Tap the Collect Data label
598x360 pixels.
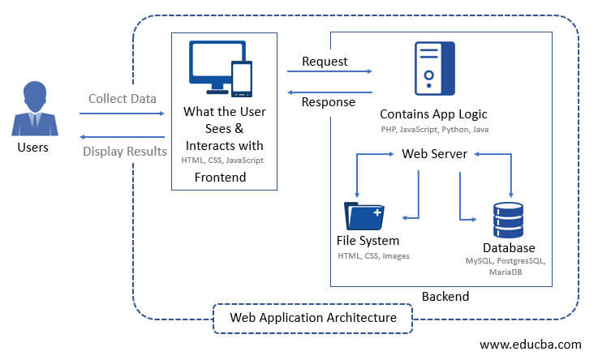click(123, 98)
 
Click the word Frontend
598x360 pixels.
click(220, 178)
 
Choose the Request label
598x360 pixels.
click(325, 61)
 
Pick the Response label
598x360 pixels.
click(328, 102)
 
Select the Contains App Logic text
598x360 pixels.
click(433, 114)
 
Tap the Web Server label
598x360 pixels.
click(434, 154)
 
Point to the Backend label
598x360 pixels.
click(445, 297)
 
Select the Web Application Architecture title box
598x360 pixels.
click(313, 318)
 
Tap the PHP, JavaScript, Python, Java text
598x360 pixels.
click(434, 130)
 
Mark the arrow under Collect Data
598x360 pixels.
click(123, 114)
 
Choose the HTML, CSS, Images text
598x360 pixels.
click(373, 256)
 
